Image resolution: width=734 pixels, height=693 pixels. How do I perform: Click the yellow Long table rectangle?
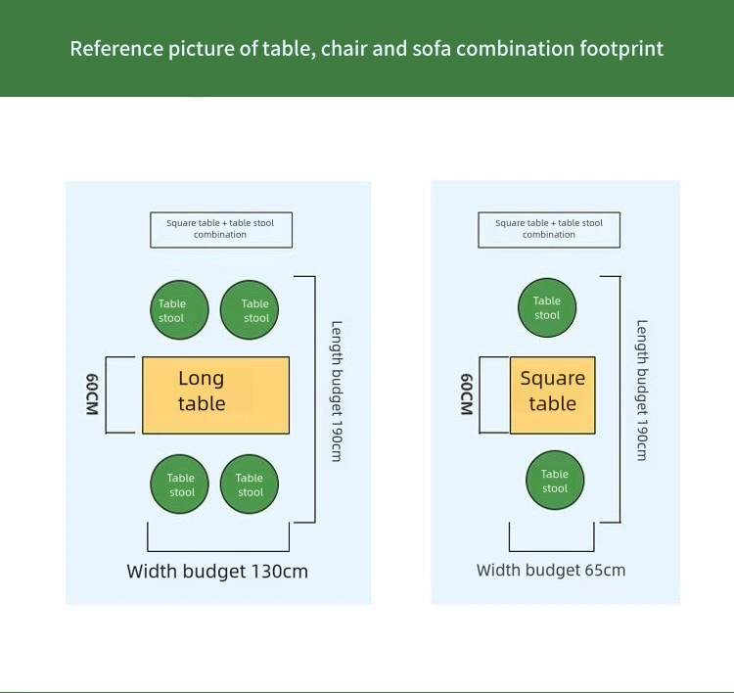coord(215,395)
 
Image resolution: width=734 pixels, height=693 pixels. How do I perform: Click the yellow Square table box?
coord(552,395)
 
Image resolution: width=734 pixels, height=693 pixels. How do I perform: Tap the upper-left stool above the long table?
coord(180,310)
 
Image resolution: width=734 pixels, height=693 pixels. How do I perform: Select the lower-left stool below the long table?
coord(180,485)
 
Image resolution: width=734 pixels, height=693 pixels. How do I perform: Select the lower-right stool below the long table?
coord(250,485)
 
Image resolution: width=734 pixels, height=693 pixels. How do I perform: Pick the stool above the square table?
coord(547,308)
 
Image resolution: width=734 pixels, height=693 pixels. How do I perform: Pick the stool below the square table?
coord(555,481)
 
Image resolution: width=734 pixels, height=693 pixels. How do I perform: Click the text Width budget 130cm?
coord(217,571)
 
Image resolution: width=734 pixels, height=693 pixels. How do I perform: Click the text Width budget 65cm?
coord(551,570)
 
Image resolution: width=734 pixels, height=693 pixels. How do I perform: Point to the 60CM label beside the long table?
coord(93,394)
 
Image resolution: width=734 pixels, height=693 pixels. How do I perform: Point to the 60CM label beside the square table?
coord(467,394)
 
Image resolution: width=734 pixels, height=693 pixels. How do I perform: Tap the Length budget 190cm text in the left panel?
coord(337,392)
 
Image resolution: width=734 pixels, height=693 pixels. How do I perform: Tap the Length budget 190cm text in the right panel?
coord(642,392)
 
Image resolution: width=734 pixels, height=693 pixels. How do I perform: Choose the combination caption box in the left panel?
coord(220,229)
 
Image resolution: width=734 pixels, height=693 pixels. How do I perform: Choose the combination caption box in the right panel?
coord(549,229)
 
